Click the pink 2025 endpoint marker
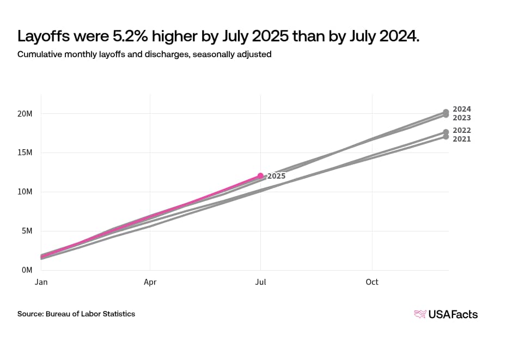pyautogui.click(x=260, y=175)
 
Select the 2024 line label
pyautogui.click(x=462, y=109)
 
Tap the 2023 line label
pyautogui.click(x=462, y=118)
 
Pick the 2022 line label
pyautogui.click(x=462, y=130)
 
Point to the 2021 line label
pyautogui.click(x=462, y=139)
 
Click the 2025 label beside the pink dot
pyautogui.click(x=276, y=176)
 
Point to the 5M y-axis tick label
pyautogui.click(x=28, y=231)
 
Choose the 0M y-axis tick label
pyautogui.click(x=28, y=270)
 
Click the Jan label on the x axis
pyautogui.click(x=41, y=282)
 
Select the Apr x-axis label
pyautogui.click(x=150, y=282)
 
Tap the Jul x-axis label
pyautogui.click(x=261, y=282)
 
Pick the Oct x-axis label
pyautogui.click(x=372, y=282)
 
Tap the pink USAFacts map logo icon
pyautogui.click(x=420, y=314)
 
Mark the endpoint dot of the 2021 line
pyautogui.click(x=446, y=137)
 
